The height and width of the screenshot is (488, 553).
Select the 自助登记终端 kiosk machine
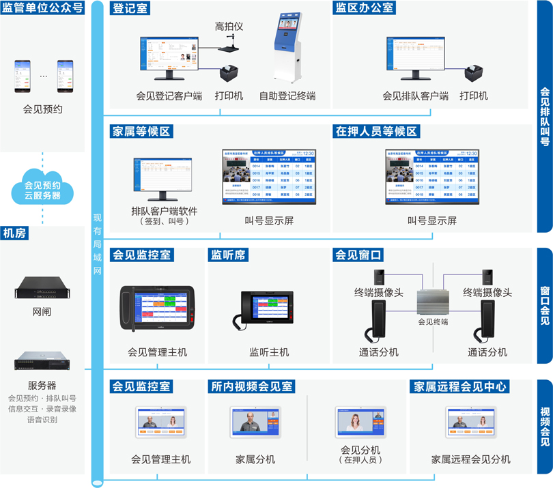pos(287,48)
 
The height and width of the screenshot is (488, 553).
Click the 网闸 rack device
pos(42,289)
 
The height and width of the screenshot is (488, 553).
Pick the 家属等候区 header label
pos(141,131)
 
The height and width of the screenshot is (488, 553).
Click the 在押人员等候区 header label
pos(375,131)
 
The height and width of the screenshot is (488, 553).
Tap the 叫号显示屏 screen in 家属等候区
pos(268,177)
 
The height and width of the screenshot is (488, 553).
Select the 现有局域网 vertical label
pos(97,246)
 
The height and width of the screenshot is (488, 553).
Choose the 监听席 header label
pos(229,255)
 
